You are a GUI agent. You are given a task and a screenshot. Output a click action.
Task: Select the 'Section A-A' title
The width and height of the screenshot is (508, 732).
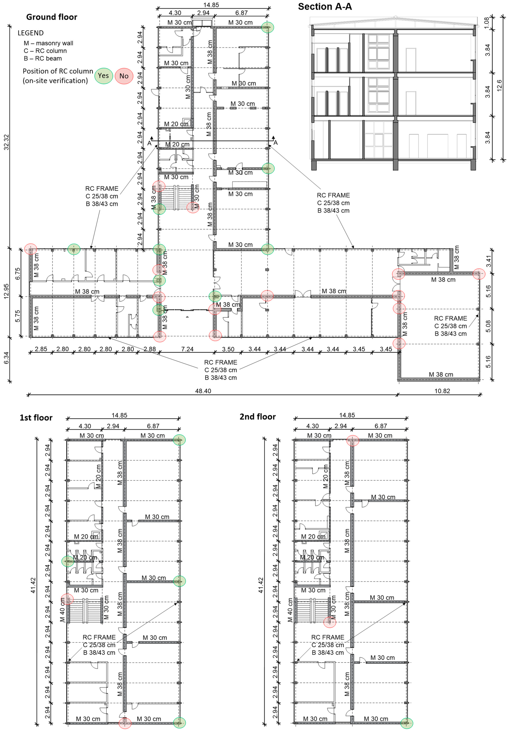[325, 7]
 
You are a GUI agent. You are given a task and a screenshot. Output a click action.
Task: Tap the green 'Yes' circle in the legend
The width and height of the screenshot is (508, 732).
[103, 76]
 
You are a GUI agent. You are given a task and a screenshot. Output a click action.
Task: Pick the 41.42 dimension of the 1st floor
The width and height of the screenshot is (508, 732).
[33, 585]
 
